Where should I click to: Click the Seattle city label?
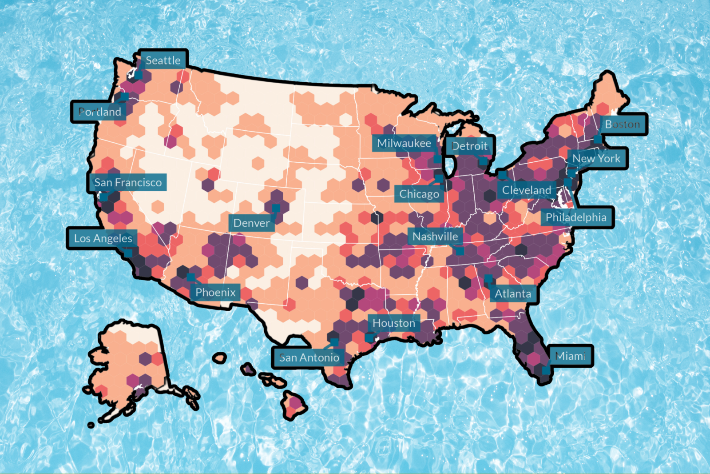[x=163, y=60]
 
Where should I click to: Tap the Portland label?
[x=99, y=112]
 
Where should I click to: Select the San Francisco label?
[x=128, y=182]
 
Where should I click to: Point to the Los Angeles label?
[x=103, y=238]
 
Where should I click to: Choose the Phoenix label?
[x=215, y=292]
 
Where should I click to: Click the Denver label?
[x=251, y=223]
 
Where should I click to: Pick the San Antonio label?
[x=309, y=358]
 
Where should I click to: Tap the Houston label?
[x=393, y=323]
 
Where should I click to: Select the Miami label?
[x=571, y=356]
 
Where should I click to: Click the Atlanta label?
[x=513, y=293]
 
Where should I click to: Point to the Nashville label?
[x=435, y=236]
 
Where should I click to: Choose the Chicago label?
[x=419, y=194]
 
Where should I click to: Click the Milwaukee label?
[x=404, y=143]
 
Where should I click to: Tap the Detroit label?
[x=469, y=146]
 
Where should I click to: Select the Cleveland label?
[x=526, y=190]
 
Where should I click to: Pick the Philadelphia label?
[x=576, y=217]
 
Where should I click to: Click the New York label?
[x=596, y=158]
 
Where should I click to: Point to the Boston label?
[x=623, y=124]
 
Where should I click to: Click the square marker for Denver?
[x=276, y=208]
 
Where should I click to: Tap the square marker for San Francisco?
[x=103, y=197]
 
